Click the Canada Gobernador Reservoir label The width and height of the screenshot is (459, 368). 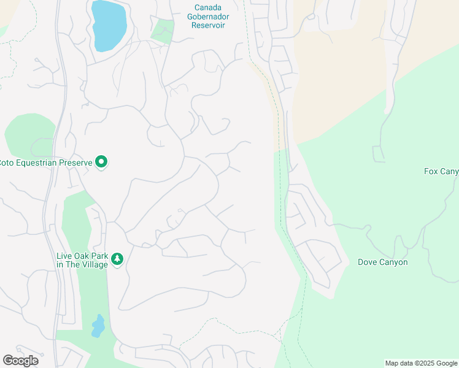pos(206,17)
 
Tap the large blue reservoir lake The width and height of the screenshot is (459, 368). pos(109,24)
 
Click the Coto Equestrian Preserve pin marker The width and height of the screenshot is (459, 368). pos(102,163)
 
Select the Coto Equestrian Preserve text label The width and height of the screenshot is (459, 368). pos(46,163)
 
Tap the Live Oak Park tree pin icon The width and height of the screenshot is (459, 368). pos(117,259)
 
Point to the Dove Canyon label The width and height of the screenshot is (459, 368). pos(382,263)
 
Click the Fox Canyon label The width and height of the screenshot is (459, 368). pos(441,171)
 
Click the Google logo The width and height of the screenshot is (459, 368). pos(20,361)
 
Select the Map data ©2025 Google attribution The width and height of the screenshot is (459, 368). pos(421,363)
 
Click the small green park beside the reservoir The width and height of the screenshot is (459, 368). pos(163,31)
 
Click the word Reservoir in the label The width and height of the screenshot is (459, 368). pos(206,25)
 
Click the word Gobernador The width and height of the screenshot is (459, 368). pos(206,17)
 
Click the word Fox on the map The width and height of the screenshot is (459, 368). pos(431,171)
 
